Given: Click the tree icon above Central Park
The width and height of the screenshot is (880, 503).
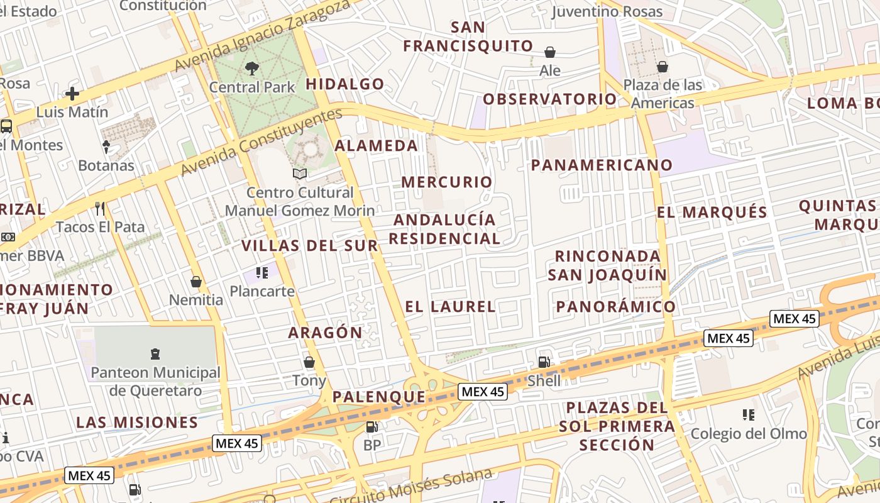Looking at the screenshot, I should [x=252, y=68].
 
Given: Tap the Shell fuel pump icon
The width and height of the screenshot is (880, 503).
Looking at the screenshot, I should [x=544, y=362].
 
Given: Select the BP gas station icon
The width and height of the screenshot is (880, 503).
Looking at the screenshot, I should [x=372, y=427].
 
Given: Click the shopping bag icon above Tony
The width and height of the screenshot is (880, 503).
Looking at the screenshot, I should [x=309, y=362].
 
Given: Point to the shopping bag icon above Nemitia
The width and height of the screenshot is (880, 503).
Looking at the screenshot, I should [x=196, y=281].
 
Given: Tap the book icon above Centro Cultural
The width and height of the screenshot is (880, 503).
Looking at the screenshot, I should [x=300, y=174].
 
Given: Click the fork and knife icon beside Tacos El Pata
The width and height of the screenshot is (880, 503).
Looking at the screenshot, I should [x=99, y=208].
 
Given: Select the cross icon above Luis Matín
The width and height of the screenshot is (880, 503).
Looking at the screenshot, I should [x=72, y=94].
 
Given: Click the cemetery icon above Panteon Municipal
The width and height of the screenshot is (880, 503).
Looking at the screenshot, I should [x=155, y=354].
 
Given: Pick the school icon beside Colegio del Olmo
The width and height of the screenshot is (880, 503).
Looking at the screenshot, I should [x=748, y=414].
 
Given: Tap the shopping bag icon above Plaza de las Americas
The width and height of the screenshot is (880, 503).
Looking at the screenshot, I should [x=663, y=67].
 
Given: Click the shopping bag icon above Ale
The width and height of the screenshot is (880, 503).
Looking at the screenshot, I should [x=550, y=52].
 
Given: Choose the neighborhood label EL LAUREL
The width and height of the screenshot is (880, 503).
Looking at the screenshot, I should [x=450, y=307].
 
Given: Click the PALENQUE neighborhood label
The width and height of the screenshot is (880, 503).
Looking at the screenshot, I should [x=378, y=397].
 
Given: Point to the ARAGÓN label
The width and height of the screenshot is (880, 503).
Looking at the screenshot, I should [x=326, y=333].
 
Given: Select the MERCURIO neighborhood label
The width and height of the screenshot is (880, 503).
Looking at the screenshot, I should [x=447, y=182].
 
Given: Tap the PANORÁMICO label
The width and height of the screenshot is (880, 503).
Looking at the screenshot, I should [x=616, y=307].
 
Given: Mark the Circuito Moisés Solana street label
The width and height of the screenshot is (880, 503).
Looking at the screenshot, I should [x=411, y=487].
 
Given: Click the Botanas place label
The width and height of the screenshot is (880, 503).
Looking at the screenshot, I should [x=106, y=165].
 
